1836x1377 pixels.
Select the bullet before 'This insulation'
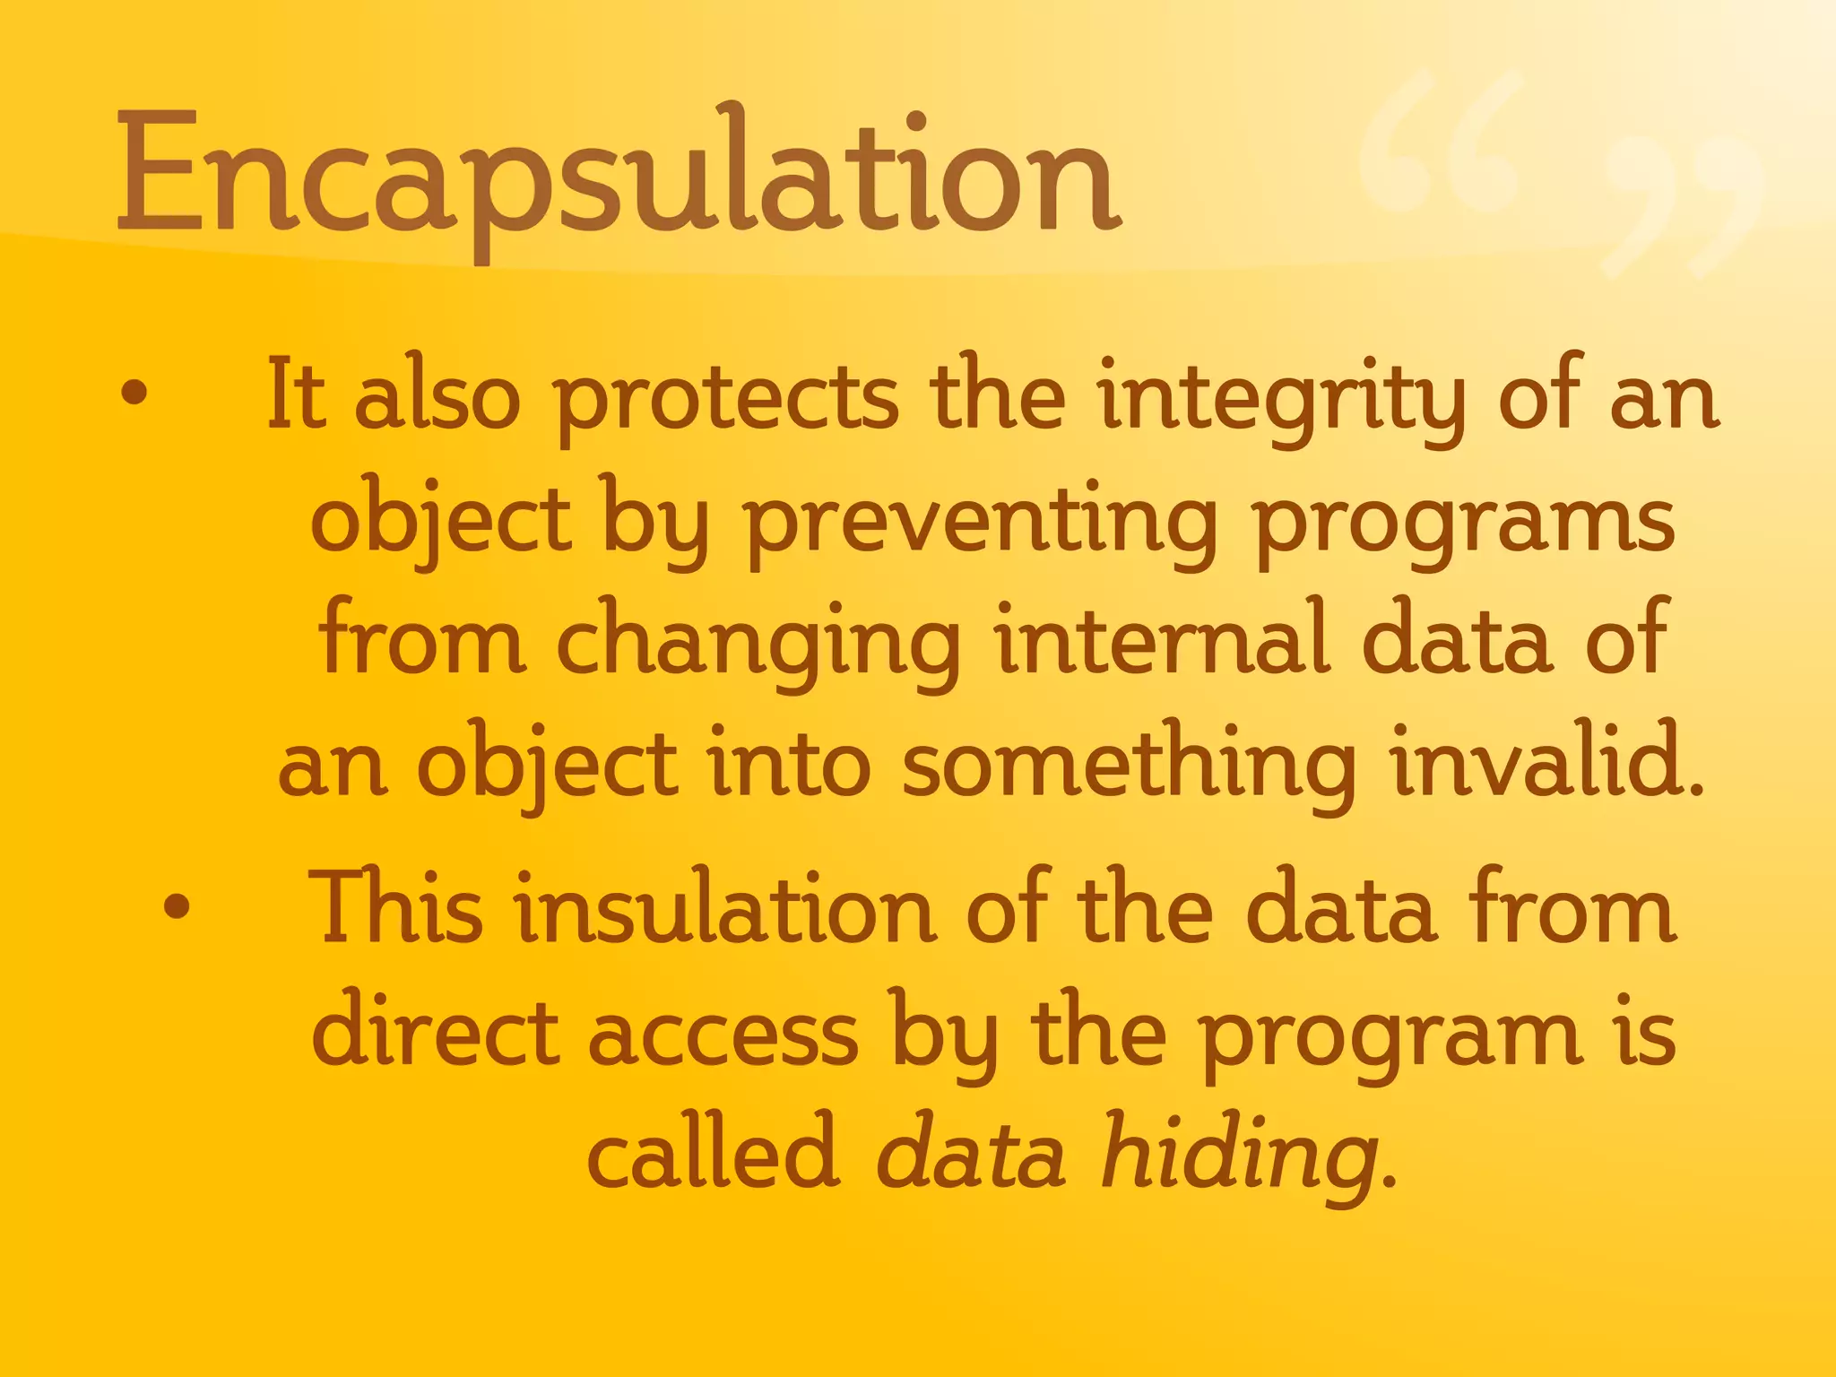[x=178, y=906]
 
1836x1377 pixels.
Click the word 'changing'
[x=758, y=642]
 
